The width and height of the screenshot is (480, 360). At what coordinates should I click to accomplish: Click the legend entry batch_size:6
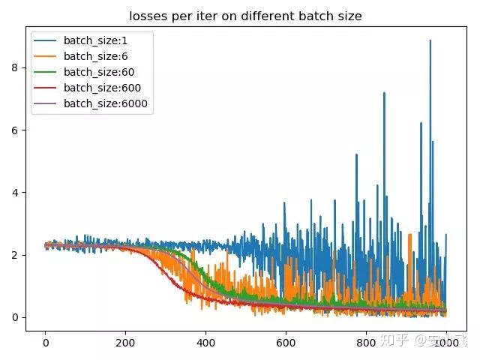pos(96,56)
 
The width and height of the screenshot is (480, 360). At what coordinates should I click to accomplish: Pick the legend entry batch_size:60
pos(98,72)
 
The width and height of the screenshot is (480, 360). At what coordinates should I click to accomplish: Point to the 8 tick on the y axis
pos(15,67)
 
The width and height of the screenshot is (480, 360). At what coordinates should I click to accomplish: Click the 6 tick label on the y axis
pos(15,130)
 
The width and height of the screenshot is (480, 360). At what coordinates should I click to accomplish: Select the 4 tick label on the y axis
pos(15,193)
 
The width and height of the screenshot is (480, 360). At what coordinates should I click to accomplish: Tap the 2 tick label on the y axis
pos(15,255)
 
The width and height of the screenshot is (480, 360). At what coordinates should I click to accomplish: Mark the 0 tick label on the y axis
pos(15,317)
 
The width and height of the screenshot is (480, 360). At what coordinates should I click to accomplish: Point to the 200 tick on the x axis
pos(125,341)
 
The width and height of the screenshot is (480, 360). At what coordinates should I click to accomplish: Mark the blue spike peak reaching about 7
pos(384,93)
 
